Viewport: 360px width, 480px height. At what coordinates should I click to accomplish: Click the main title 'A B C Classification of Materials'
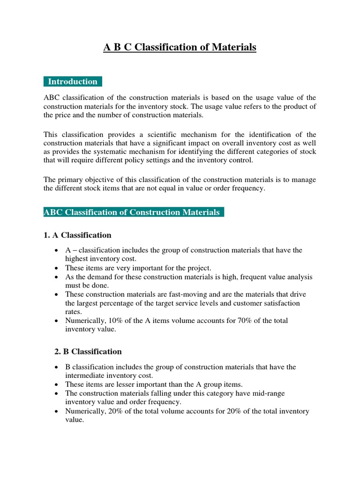(180, 47)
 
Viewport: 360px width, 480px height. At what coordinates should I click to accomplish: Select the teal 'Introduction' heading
(73, 82)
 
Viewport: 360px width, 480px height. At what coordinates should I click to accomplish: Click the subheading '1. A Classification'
(77, 235)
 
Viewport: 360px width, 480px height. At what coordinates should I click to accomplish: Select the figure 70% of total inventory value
(219, 321)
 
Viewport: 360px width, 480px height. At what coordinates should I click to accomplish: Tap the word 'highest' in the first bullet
(77, 259)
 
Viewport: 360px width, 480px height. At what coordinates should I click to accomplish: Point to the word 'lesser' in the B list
(113, 384)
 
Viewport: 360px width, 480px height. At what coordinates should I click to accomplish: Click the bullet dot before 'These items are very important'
(56, 268)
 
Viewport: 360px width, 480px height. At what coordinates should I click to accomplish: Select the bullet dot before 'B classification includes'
(56, 367)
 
